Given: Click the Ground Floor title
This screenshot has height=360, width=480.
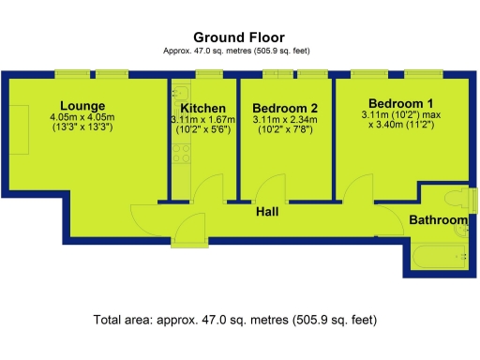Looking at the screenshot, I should pyautogui.click(x=239, y=37).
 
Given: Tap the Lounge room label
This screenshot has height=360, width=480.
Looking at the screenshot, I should pyautogui.click(x=82, y=105).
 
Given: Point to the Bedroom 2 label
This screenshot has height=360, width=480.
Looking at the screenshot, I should pyautogui.click(x=285, y=108).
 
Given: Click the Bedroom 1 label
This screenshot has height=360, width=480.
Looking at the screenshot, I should pyautogui.click(x=400, y=103).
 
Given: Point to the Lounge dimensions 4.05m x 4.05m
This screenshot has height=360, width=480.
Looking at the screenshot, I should pyautogui.click(x=82, y=117).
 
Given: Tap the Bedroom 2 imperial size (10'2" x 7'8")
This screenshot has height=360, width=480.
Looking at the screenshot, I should pyautogui.click(x=285, y=130).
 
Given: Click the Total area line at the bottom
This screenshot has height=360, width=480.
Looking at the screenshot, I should pyautogui.click(x=235, y=320).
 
